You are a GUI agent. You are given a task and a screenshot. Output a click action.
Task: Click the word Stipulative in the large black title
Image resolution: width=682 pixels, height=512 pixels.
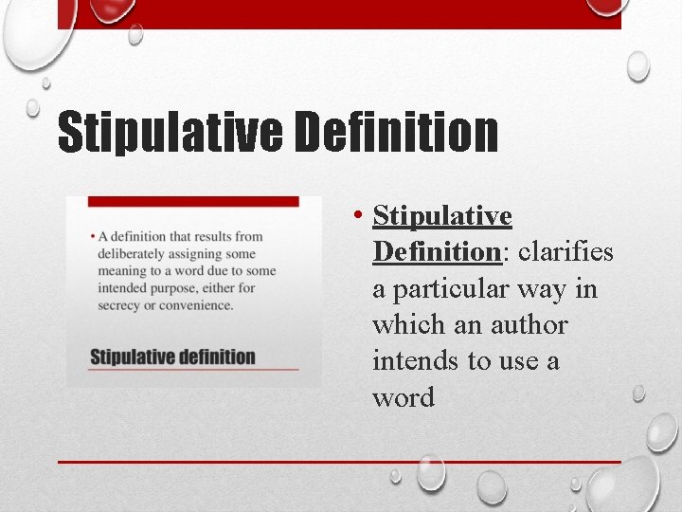tap(170, 133)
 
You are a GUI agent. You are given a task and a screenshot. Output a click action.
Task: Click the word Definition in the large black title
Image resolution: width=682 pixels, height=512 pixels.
tap(396, 133)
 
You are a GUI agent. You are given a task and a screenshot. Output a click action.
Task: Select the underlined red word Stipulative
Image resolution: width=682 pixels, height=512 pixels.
tap(442, 217)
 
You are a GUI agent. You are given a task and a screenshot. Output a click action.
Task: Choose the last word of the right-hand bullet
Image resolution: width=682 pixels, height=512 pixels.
tap(404, 397)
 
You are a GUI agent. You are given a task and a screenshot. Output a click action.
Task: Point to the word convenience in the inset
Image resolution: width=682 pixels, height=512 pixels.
tap(193, 305)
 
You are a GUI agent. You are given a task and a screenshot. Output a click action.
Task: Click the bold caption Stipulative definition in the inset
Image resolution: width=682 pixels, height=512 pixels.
tap(172, 357)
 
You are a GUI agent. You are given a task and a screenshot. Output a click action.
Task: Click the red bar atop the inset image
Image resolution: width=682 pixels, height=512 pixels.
tap(193, 201)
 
